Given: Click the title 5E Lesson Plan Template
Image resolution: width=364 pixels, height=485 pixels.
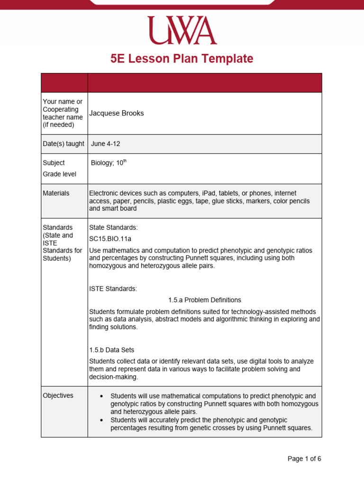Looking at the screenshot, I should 182,59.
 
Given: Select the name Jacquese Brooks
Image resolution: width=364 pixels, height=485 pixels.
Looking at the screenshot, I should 117,113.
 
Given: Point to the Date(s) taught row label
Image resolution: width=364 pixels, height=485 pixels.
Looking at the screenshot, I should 64,144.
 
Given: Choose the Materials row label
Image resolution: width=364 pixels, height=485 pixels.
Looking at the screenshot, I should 56,193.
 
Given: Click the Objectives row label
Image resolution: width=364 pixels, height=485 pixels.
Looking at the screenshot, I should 58,395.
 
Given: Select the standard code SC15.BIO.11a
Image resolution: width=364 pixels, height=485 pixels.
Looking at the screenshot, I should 111,239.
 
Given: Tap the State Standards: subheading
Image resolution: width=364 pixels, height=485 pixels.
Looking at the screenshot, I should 113,227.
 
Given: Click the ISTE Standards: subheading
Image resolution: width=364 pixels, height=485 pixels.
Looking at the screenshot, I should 113,288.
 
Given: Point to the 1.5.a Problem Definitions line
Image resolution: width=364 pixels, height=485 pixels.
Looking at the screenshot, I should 204,300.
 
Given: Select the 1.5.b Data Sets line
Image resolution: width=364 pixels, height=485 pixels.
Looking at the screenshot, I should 111,350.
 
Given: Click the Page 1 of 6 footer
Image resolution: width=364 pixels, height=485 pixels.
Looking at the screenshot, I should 304,458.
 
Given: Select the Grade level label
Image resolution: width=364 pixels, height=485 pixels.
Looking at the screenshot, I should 59,174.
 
